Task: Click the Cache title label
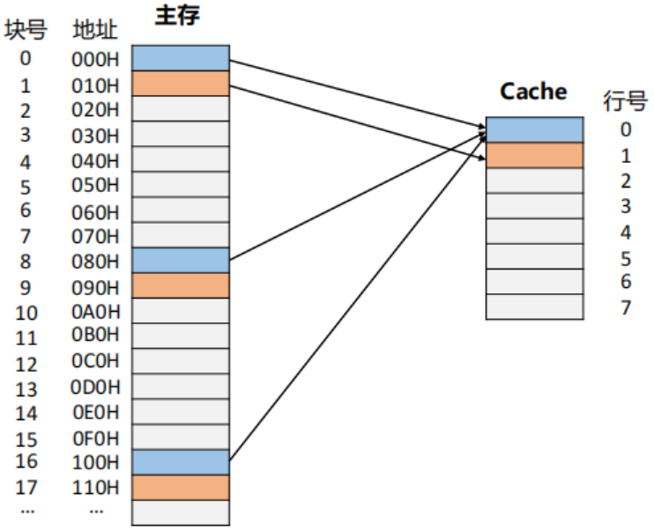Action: click(533, 91)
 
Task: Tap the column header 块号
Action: click(25, 31)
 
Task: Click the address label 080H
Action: click(95, 262)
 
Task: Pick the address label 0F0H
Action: click(95, 438)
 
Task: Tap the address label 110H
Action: click(95, 487)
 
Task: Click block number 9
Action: click(25, 287)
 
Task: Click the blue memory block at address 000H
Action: click(181, 59)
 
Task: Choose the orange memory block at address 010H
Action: click(181, 84)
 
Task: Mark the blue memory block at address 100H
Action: click(181, 462)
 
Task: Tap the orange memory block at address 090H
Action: click(181, 285)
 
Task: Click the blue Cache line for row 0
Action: click(534, 129)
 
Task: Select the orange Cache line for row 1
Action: click(534, 155)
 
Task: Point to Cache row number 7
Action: click(626, 308)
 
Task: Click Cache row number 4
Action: click(626, 232)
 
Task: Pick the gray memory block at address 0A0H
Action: click(181, 311)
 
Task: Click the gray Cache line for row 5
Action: click(534, 256)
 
